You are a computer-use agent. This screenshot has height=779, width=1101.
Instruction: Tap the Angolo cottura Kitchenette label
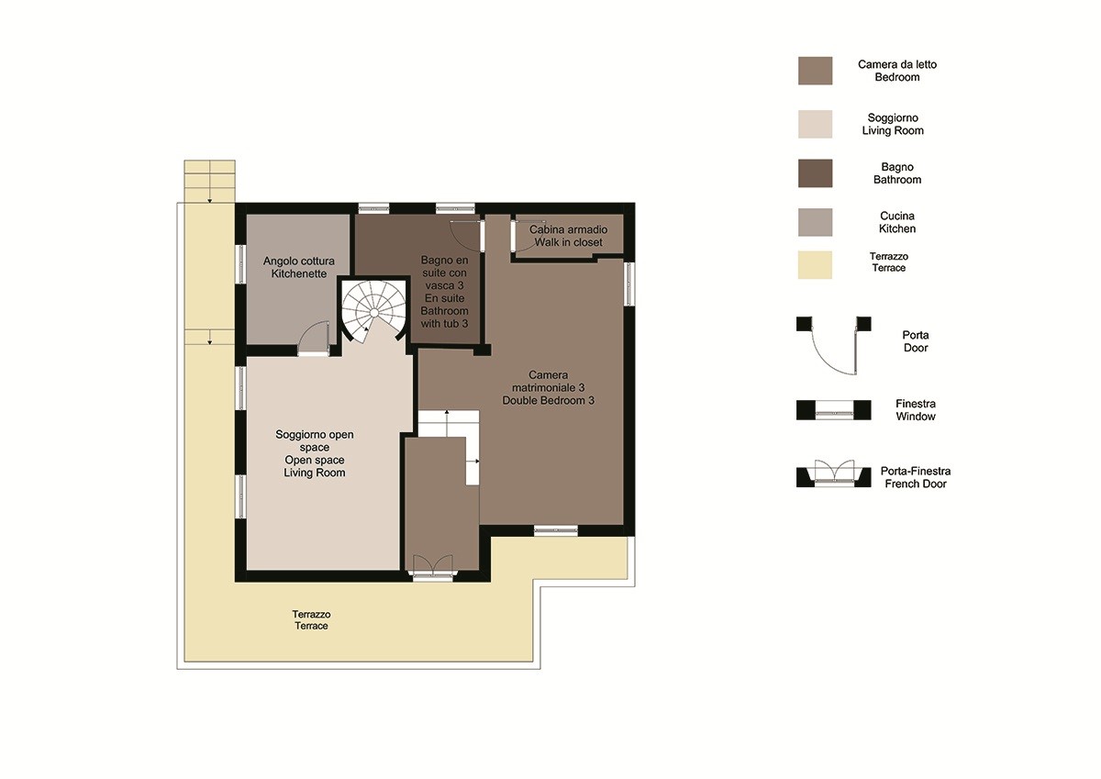click(x=299, y=267)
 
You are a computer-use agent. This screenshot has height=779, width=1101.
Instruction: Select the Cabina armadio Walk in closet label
click(x=568, y=236)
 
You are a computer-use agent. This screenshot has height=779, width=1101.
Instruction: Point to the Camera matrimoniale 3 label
click(x=548, y=388)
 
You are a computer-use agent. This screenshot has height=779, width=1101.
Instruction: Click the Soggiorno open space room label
click(x=315, y=453)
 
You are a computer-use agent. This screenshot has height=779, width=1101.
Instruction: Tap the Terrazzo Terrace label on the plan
click(x=311, y=619)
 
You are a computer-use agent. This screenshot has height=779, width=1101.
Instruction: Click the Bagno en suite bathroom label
click(x=444, y=292)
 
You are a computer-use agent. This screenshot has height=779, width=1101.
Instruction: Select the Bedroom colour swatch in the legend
click(x=815, y=71)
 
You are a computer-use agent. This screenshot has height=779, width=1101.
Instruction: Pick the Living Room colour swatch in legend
click(x=815, y=124)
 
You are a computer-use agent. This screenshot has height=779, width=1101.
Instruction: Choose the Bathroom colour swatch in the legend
click(x=815, y=173)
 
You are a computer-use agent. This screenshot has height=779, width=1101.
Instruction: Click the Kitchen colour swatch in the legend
click(x=815, y=222)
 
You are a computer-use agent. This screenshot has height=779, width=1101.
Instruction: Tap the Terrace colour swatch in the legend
click(x=815, y=265)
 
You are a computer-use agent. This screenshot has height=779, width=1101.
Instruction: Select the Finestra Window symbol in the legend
click(x=834, y=410)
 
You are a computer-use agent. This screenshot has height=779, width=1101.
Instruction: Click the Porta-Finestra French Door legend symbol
click(x=834, y=473)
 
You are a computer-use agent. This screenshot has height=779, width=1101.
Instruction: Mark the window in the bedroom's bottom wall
click(x=556, y=530)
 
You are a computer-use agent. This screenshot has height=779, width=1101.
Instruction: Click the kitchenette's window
click(x=240, y=264)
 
